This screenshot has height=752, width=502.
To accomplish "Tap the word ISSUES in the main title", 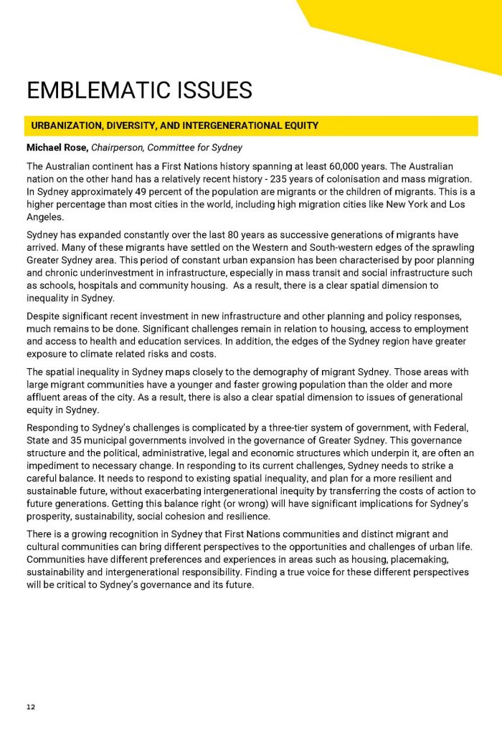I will tap(214, 91).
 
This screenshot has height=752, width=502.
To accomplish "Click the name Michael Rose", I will tap(55, 148).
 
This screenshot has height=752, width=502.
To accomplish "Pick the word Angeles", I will tap(44, 217).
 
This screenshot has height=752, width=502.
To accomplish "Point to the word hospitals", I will tap(100, 286).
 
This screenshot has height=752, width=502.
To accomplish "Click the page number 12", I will tap(30, 707).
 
